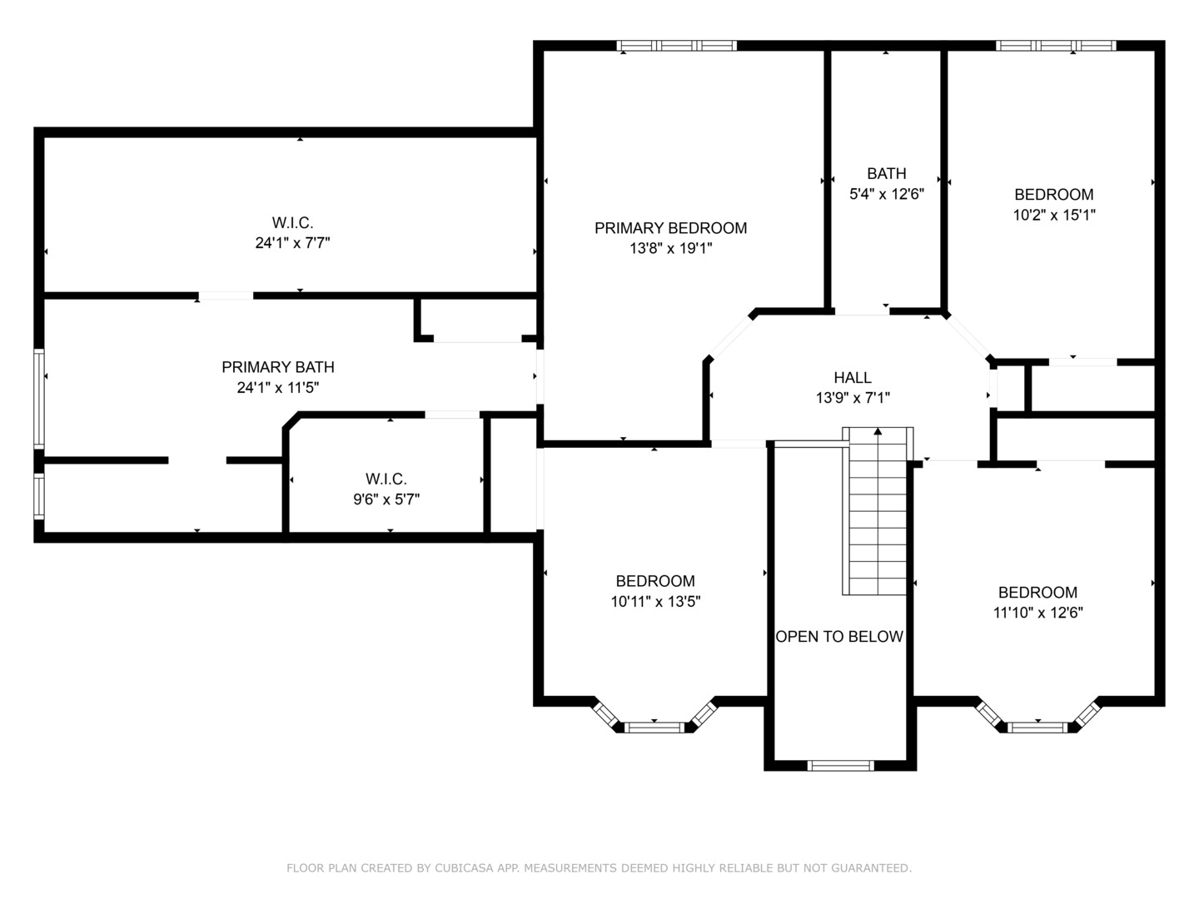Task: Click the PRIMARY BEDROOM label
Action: point(670,228)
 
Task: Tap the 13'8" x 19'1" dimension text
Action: point(671,248)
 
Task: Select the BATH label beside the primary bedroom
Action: point(886,174)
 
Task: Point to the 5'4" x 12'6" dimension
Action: point(886,194)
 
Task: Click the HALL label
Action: point(852,378)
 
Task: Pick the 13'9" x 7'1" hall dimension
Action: point(853,398)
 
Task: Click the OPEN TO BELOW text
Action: point(839,637)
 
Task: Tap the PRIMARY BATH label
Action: point(277,367)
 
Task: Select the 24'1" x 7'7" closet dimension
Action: point(292,243)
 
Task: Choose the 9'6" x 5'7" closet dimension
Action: point(386,499)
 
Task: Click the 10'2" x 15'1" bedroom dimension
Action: point(1053,215)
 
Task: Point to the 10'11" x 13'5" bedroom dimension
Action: point(655,602)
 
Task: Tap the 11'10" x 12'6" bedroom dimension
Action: point(1037,613)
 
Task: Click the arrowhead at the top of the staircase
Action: point(878,431)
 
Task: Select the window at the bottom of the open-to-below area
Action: point(840,765)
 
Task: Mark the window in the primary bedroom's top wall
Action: point(677,46)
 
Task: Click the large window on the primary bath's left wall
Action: point(39,399)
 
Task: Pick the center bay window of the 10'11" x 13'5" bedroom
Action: point(654,727)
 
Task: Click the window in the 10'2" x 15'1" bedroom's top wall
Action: point(1055,46)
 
